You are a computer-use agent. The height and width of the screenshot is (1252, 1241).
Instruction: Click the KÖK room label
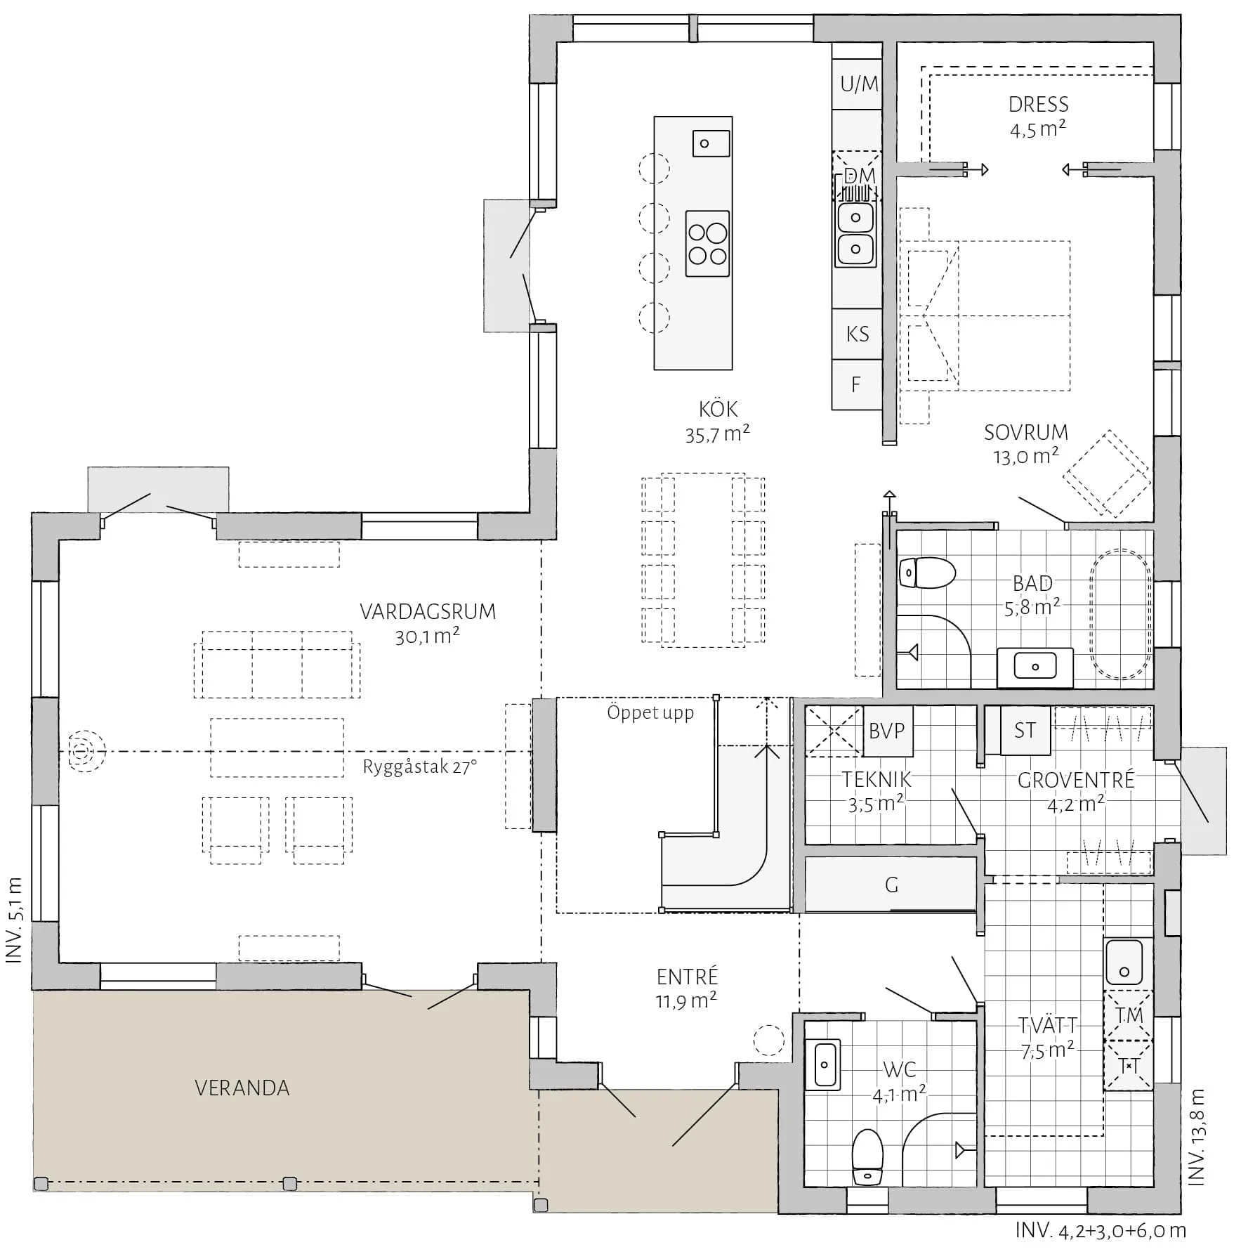click(x=718, y=409)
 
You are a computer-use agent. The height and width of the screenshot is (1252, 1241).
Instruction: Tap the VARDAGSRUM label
click(x=428, y=611)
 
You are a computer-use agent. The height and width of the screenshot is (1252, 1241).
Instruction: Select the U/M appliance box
click(x=858, y=84)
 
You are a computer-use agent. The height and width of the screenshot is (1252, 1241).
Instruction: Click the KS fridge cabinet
click(x=858, y=334)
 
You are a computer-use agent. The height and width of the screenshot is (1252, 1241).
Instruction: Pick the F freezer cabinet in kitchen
click(x=858, y=384)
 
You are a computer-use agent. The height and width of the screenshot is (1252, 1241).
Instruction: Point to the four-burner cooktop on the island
click(x=707, y=244)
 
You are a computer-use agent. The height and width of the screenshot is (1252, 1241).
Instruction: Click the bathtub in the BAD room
click(x=1120, y=614)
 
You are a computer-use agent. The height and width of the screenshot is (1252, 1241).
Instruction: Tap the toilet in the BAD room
click(x=927, y=573)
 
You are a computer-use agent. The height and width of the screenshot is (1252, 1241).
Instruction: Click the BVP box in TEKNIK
click(x=888, y=731)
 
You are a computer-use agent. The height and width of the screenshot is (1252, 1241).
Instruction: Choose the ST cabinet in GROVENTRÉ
click(x=1025, y=731)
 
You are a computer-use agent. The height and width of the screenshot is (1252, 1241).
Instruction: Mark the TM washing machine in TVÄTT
click(x=1129, y=1015)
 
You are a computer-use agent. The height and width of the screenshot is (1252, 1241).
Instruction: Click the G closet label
click(x=891, y=885)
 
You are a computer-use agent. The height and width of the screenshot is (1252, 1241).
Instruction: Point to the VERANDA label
click(x=242, y=1088)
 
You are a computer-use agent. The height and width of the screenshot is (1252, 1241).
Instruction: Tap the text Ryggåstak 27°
click(x=420, y=767)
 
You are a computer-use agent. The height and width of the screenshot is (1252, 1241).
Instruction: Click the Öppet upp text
click(x=650, y=713)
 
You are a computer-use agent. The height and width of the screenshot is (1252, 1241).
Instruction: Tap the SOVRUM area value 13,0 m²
click(x=1026, y=457)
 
